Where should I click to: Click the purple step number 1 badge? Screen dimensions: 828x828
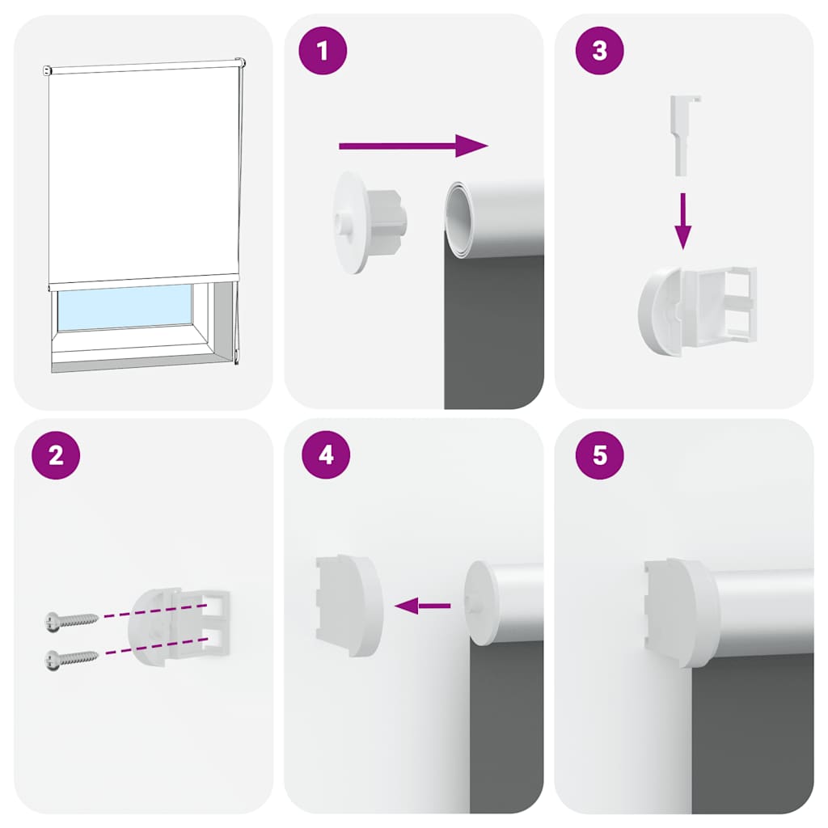323,52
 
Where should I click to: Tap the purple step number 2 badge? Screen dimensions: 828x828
56,455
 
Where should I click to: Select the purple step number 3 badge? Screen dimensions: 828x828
599,51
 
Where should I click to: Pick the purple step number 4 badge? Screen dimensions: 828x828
326,455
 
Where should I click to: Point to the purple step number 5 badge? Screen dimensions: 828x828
599,455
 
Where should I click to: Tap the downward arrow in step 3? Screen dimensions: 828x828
683,220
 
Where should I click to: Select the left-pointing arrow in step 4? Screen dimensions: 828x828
422,605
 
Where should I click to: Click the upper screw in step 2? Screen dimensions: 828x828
71,619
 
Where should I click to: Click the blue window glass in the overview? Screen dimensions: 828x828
125,307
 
